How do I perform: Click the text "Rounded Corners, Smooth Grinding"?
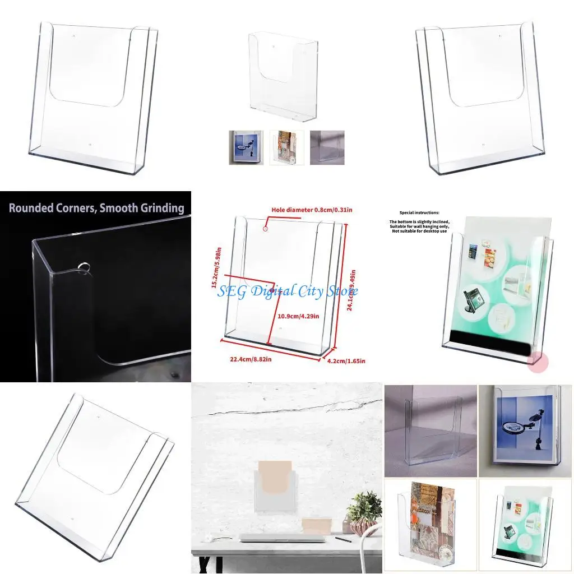tap(96, 208)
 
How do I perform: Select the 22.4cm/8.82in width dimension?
tap(251, 360)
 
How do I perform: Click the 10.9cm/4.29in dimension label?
tap(299, 316)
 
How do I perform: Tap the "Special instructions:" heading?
tap(419, 213)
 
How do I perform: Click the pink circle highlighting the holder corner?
tap(538, 361)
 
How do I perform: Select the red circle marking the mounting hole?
tap(266, 228)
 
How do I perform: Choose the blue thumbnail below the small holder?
tap(246, 147)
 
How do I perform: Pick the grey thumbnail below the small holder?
tap(327, 147)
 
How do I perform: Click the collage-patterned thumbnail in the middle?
tap(286, 147)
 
